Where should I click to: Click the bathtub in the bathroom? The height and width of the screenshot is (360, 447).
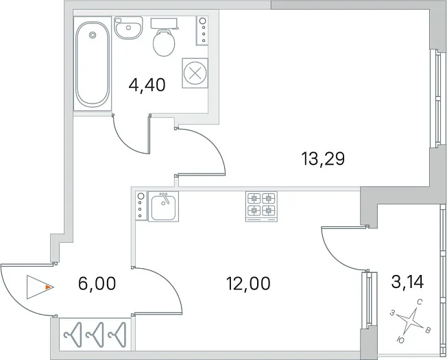pyautogui.click(x=93, y=64)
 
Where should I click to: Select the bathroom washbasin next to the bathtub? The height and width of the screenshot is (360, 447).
pyautogui.click(x=128, y=27)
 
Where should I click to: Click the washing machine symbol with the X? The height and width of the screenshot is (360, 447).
pyautogui.click(x=195, y=73)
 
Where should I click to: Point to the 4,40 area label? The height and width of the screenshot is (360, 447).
pyautogui.click(x=147, y=85)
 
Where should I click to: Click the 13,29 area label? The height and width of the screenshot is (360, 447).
pyautogui.click(x=324, y=159)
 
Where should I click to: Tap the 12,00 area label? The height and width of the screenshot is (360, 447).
pyautogui.click(x=248, y=284)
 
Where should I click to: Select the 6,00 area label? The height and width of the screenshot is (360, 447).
pyautogui.click(x=97, y=284)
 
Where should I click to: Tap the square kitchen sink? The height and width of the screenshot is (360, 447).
pyautogui.click(x=163, y=206)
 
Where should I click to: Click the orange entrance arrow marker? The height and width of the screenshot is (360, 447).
pyautogui.click(x=49, y=287)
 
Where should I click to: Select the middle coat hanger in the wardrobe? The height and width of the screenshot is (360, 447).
pyautogui.click(x=95, y=335)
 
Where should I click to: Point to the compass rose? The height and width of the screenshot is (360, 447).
pyautogui.click(x=410, y=321)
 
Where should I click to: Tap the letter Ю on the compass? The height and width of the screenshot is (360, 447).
pyautogui.click(x=400, y=340)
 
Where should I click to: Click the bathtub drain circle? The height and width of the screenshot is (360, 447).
pyautogui.click(x=93, y=35)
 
